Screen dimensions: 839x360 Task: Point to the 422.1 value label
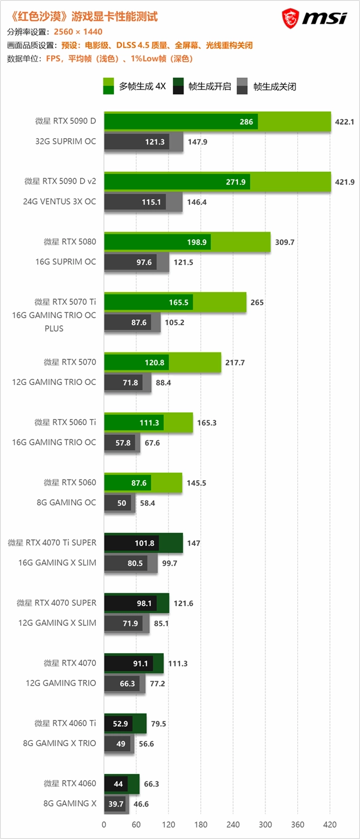pos(345,122)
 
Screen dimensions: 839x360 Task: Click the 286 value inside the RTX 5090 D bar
pos(246,122)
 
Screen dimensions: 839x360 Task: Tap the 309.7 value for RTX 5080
pos(285,242)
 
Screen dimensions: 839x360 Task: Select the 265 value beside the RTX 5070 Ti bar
pos(257,303)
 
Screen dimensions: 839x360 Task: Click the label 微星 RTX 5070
pos(70,362)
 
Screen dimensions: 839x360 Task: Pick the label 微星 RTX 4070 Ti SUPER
pos(52,542)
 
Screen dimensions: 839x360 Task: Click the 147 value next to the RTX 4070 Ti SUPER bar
pos(194,543)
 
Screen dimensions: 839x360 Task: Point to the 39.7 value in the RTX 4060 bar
pos(116,804)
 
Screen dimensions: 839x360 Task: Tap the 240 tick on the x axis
pos(233,824)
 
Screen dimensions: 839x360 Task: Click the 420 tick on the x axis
pos(330,824)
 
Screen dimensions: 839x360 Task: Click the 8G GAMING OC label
pos(66,502)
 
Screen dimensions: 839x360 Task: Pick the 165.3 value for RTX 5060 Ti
pos(207,423)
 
